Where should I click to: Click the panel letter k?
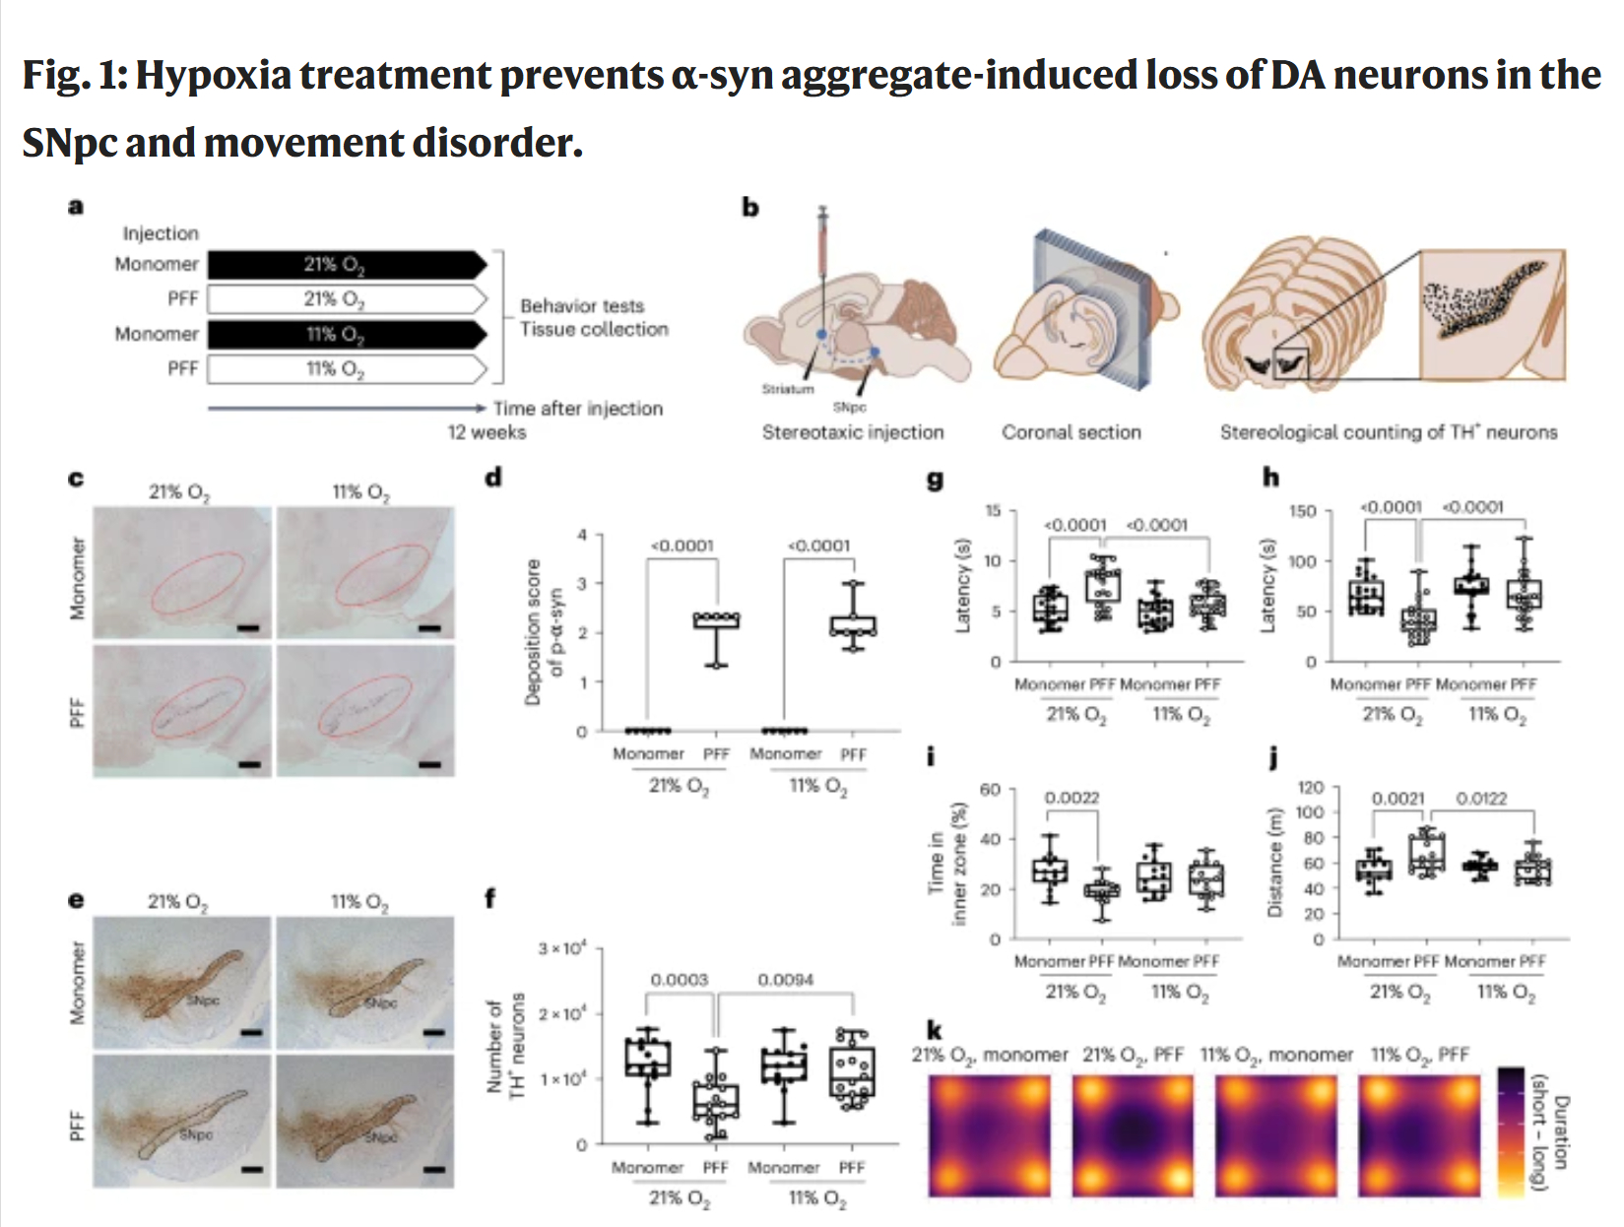pos(934,1030)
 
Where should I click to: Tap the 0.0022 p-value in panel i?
pos(1072,798)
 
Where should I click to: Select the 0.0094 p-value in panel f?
pos(785,980)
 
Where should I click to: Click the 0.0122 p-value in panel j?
pos(1481,799)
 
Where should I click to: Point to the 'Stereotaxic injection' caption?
pos(852,431)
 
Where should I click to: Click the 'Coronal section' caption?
pos(1071,431)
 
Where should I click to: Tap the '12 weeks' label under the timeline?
pos(487,432)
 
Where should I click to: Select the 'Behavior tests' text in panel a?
pos(582,305)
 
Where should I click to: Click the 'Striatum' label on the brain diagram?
pos(788,389)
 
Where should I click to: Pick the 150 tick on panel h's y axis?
pos(1302,511)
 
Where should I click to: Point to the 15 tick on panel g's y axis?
pos(993,510)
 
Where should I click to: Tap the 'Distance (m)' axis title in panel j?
pos(1276,863)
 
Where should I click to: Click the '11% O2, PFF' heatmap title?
pos(1419,1055)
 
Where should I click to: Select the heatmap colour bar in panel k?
pos(1510,1131)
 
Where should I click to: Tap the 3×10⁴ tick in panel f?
pos(562,948)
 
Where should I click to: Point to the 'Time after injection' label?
pos(578,408)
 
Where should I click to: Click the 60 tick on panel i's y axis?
pos(990,790)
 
